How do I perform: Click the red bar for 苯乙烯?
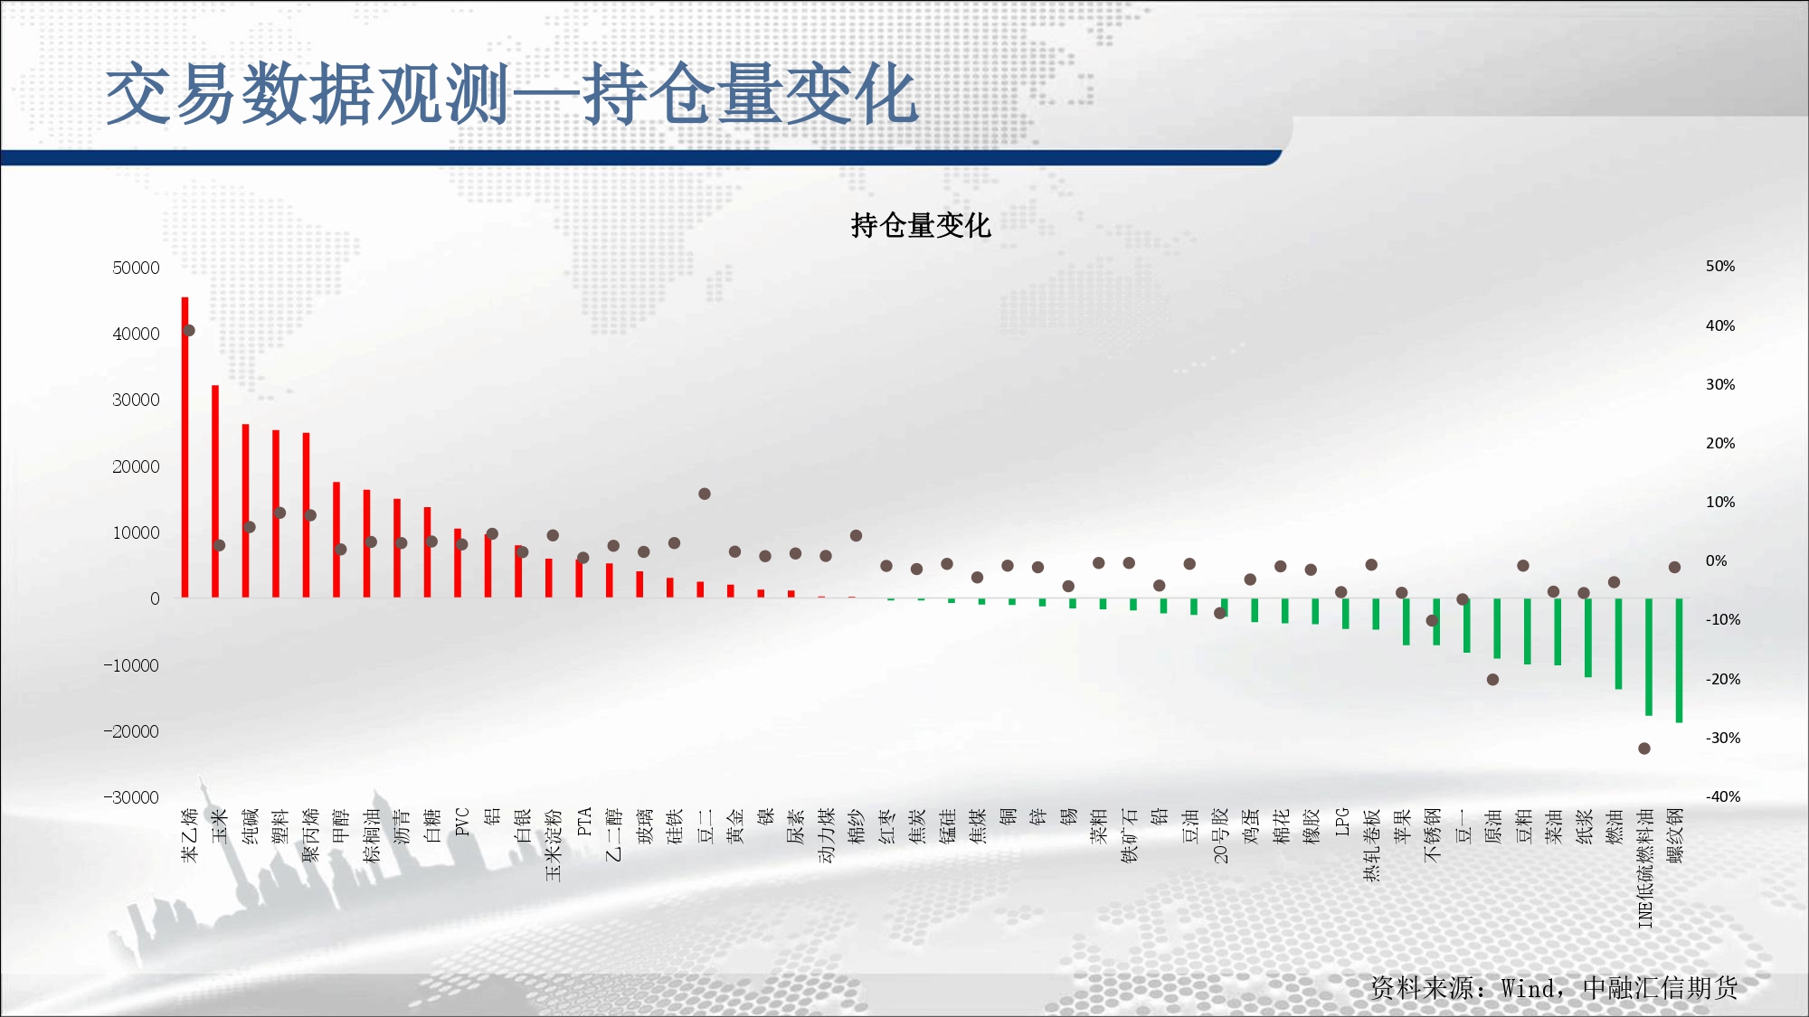[185, 447]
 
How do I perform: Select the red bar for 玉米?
[215, 492]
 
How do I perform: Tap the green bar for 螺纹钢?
[1679, 661]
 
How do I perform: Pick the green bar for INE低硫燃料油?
[1649, 657]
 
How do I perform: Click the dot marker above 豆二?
[705, 494]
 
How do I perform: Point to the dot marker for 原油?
[1492, 680]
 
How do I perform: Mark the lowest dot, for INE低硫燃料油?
[1644, 749]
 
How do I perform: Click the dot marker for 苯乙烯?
[189, 330]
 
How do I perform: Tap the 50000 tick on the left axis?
[136, 268]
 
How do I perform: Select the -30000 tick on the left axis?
[131, 797]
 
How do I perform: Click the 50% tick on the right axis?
[1720, 266]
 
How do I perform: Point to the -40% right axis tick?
[1723, 796]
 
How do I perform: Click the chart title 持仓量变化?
[921, 225]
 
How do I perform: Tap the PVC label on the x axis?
[462, 822]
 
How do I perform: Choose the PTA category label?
[583, 822]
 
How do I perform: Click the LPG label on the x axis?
[1342, 822]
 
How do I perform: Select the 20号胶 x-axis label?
[1221, 835]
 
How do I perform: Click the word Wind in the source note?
[1529, 988]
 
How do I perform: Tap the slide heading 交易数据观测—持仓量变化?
[513, 94]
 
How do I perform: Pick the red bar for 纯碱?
[245, 511]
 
